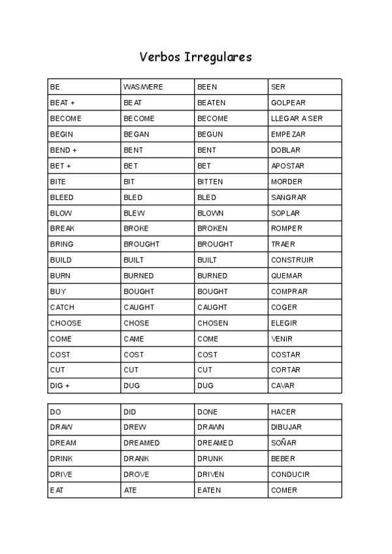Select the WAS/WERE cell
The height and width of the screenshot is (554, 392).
143,87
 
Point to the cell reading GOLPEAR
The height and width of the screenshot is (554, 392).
288,103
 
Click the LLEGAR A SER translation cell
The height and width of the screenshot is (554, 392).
297,118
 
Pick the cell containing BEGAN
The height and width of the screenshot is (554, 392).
137,134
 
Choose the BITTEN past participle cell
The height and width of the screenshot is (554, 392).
210,182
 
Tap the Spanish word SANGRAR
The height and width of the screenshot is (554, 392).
289,197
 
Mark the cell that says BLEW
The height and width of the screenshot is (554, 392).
134,213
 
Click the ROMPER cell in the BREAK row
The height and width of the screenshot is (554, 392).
287,229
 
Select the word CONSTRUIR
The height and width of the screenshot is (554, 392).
292,260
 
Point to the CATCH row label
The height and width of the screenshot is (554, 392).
62,307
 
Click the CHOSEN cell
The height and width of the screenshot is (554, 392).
212,323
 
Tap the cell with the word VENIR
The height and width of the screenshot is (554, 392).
282,339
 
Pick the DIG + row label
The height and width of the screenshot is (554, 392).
59,386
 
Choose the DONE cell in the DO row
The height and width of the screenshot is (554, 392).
207,412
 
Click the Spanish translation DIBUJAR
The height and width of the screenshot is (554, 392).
286,427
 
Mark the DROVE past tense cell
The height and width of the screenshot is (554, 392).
136,474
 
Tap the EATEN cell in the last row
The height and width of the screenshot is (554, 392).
209,490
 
